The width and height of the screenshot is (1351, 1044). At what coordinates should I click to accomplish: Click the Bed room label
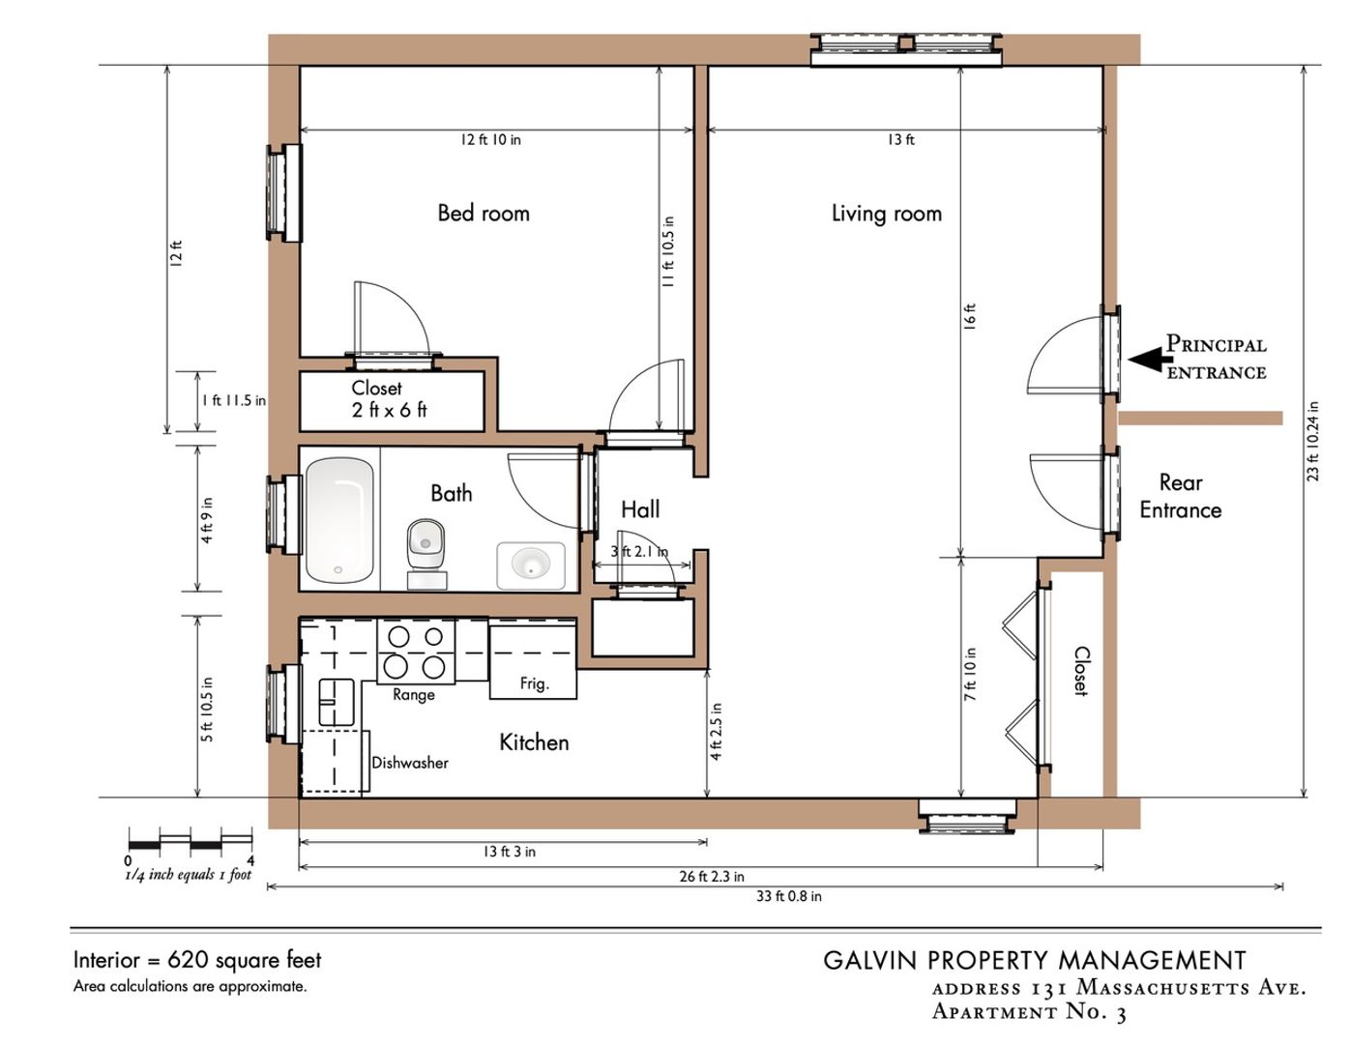tap(484, 213)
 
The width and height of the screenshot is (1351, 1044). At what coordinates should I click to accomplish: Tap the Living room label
tap(887, 214)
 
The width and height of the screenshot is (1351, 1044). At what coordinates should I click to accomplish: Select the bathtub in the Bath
tap(339, 520)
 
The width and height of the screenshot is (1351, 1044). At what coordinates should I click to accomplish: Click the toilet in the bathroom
tap(426, 553)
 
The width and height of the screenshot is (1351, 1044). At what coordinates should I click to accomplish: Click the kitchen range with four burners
tap(416, 652)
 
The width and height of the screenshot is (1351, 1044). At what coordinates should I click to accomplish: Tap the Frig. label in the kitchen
tap(535, 684)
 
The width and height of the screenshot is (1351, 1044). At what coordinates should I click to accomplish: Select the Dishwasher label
tap(410, 763)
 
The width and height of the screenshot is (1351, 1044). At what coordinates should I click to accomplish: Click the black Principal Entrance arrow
tap(1146, 360)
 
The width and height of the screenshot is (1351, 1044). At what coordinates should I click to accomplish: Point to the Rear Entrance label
tap(1180, 496)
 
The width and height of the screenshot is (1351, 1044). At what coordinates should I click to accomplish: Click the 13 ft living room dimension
tap(901, 140)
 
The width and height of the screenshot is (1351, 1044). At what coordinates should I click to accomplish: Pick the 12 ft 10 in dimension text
tap(490, 140)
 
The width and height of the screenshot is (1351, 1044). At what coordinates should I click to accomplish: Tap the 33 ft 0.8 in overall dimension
tap(789, 896)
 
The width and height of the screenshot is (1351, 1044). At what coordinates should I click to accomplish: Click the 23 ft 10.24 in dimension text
tap(1313, 441)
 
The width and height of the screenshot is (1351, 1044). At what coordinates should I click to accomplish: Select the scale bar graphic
tap(191, 839)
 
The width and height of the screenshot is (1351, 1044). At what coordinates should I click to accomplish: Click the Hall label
tap(640, 510)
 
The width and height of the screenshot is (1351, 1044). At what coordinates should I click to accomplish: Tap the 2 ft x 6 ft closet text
tap(389, 410)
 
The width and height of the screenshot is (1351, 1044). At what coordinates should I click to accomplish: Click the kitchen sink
tap(337, 702)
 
